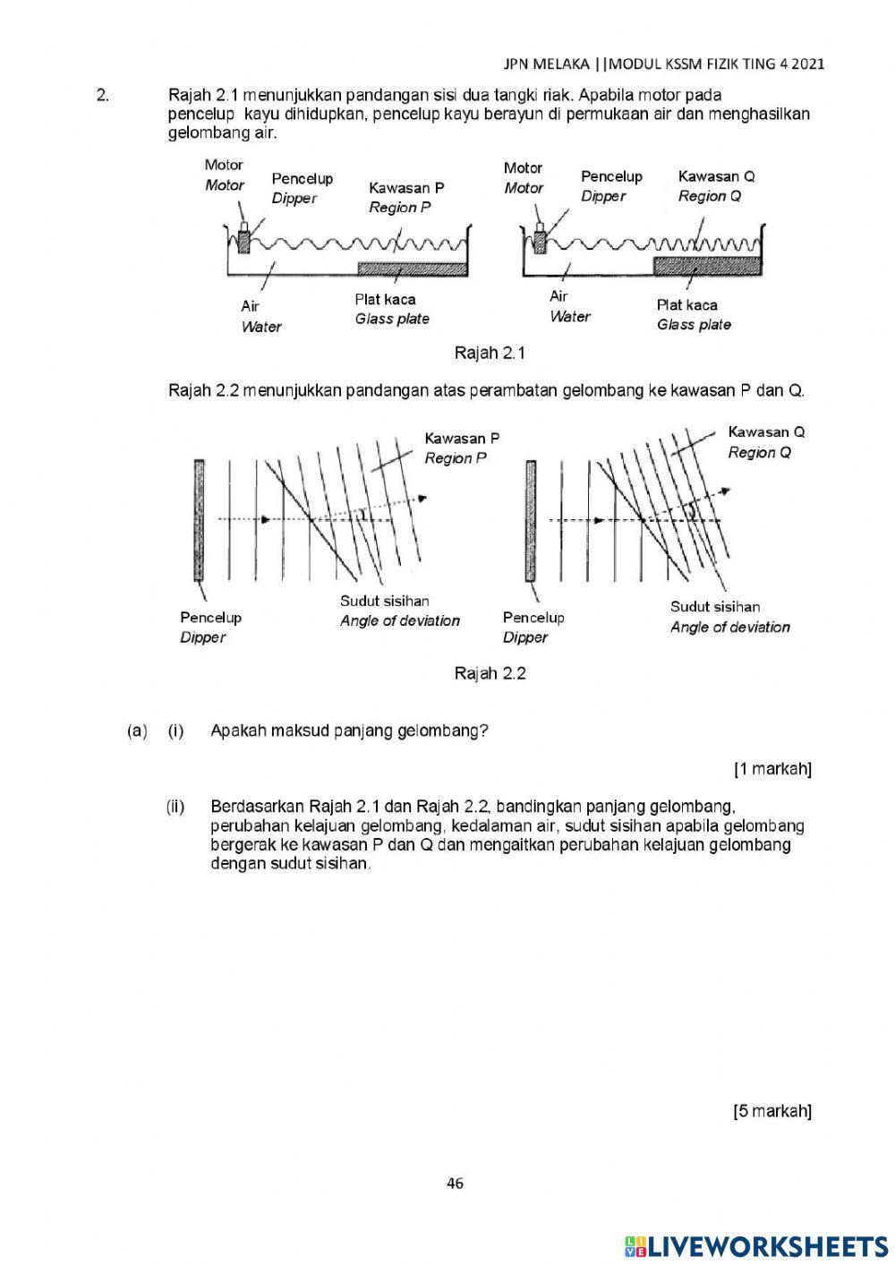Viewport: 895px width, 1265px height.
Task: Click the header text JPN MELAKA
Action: (x=546, y=64)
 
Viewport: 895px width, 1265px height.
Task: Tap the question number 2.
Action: (x=103, y=95)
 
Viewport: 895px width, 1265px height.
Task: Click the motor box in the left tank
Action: (x=243, y=241)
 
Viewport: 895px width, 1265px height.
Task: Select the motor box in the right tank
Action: (x=540, y=241)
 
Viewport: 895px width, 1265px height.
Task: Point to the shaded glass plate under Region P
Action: (x=412, y=269)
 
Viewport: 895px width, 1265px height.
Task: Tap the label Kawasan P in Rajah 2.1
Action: (x=406, y=188)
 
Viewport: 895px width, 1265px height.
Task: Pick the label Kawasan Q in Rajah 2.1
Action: (x=716, y=176)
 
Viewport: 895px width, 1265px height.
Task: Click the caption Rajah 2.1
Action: (x=490, y=353)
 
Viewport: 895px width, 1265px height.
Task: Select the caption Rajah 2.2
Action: (x=490, y=673)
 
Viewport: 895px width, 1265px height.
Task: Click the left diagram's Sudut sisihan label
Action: (x=384, y=601)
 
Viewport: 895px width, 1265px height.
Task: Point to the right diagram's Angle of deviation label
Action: (x=729, y=627)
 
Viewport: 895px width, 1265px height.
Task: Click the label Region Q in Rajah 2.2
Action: (x=759, y=452)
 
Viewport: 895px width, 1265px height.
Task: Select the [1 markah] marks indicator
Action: (x=772, y=769)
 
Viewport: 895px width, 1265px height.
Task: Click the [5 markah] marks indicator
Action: (x=772, y=1111)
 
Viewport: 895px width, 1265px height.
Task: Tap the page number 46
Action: (x=455, y=1184)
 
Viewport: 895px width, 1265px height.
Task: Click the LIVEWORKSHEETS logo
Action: (x=756, y=1246)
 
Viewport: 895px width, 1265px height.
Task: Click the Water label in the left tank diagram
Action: (x=260, y=327)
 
